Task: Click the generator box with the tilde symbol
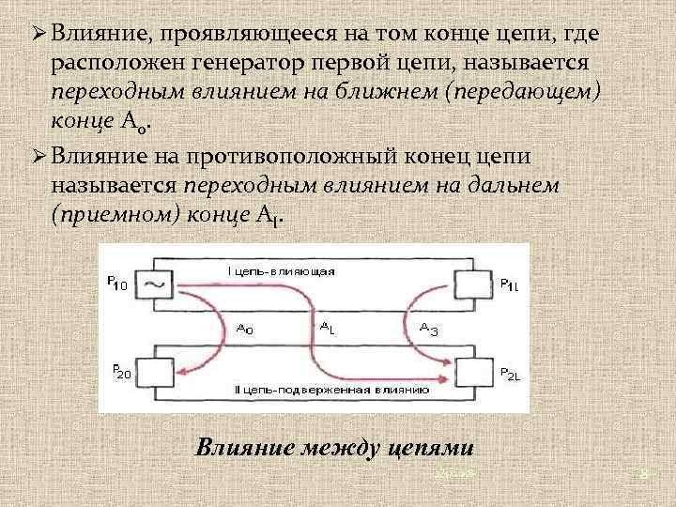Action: click(151, 284)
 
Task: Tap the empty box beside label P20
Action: click(152, 373)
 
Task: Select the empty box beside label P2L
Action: click(474, 374)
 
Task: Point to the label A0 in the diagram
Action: click(245, 329)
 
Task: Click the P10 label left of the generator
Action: click(119, 283)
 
